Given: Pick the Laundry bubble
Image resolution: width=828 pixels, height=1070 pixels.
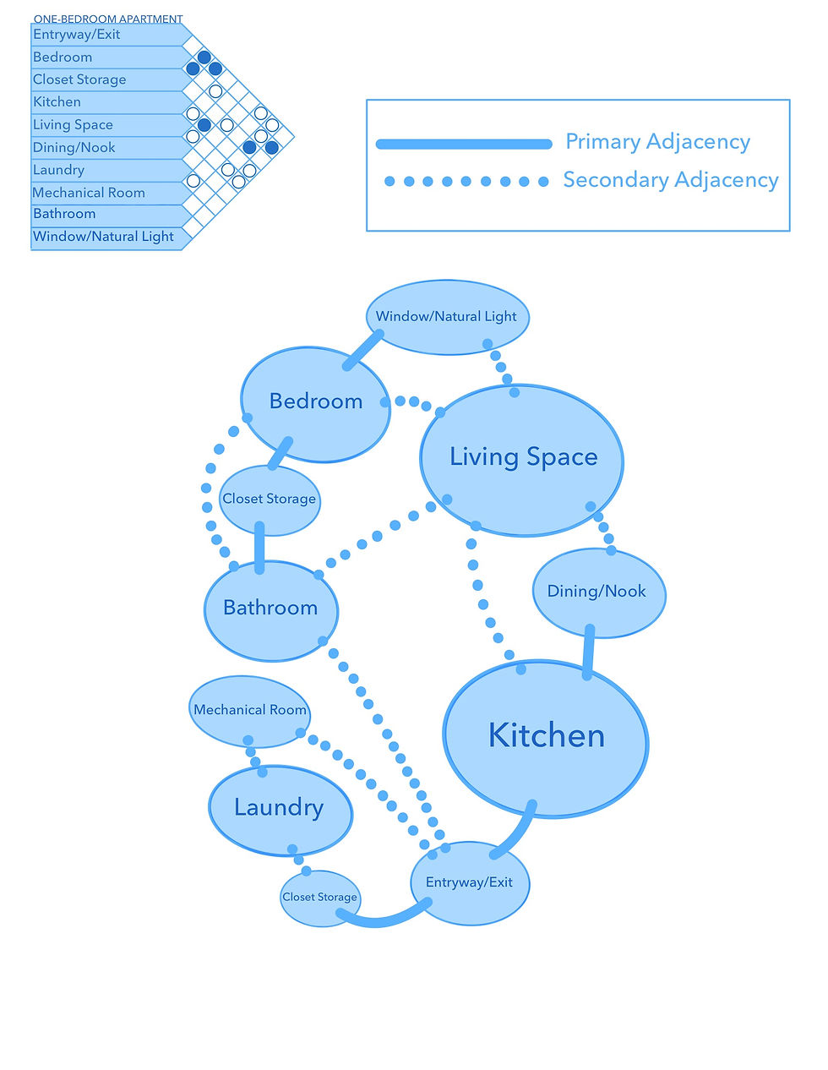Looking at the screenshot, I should pos(280,809).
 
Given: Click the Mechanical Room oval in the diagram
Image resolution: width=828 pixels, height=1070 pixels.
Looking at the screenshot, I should pos(249,711).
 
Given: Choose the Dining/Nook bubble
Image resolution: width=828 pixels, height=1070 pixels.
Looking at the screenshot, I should pos(598,592).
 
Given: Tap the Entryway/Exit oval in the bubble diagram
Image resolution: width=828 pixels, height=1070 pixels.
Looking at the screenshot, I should pos(470,883).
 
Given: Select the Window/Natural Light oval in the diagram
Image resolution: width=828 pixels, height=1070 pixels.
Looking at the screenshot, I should pos(447,317).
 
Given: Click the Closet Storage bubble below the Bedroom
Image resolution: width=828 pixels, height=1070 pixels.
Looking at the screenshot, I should pos(270,500).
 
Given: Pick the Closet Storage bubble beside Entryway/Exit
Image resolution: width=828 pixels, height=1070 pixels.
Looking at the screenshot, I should pos(319,898).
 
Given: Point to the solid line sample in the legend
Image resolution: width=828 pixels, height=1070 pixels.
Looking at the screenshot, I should pos(463,144).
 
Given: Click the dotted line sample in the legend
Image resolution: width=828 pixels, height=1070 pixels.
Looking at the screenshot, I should pos(466,181).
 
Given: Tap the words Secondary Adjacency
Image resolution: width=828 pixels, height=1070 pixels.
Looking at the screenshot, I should pos(671,180).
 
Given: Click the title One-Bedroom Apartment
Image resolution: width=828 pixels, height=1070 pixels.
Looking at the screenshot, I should pos(108,19).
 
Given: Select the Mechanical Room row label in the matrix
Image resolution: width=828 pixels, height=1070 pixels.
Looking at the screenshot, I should pos(89,193).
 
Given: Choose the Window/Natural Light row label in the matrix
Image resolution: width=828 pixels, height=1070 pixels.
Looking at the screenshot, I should pos(103,237).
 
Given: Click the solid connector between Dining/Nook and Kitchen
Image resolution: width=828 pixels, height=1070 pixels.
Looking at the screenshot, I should pos(589,651).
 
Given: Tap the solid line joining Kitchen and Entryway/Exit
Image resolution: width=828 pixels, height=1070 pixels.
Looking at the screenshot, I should pos(519,833).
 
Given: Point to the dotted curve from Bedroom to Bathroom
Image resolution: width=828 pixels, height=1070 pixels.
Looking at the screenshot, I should pos(208,499).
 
